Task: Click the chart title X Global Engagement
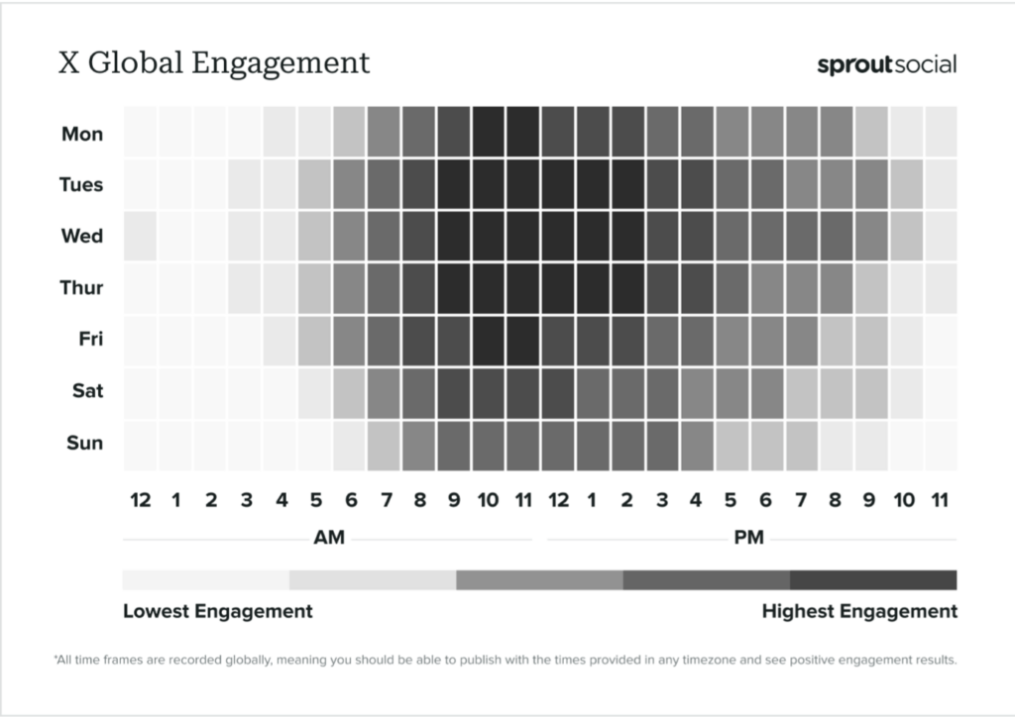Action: tap(214, 62)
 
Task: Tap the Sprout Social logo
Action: tap(886, 65)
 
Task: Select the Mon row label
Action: tap(82, 133)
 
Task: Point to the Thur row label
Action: tap(81, 287)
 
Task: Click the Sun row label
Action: tap(84, 442)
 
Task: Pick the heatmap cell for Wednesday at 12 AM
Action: tap(140, 236)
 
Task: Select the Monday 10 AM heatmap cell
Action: tap(488, 133)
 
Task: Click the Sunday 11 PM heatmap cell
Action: tap(940, 444)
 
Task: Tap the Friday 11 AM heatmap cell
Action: tap(522, 339)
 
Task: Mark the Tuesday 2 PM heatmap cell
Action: tap(626, 184)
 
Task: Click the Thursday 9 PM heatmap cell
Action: tap(870, 287)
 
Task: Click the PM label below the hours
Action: tap(750, 539)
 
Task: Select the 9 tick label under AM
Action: tap(453, 500)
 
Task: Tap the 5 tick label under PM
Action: tap(731, 500)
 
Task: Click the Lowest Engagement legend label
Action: tap(217, 611)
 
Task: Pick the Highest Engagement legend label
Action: tap(859, 611)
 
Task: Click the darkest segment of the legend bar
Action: tap(873, 579)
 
